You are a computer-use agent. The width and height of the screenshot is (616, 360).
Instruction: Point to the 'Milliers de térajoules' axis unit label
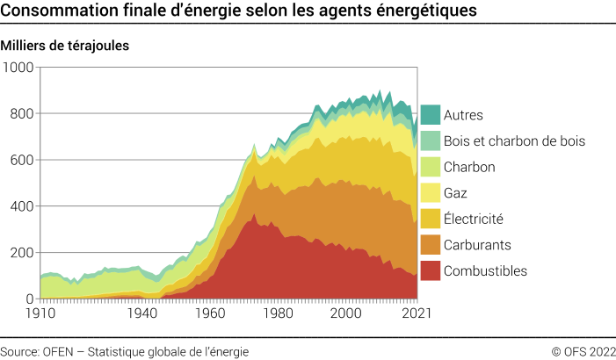pyautogui.click(x=66, y=46)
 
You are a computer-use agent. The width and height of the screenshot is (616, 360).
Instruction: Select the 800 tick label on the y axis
pyautogui.click(x=21, y=114)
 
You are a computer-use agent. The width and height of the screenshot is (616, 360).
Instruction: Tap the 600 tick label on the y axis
pyautogui.click(x=21, y=161)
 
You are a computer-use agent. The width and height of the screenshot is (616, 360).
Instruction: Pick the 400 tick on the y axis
pyautogui.click(x=21, y=206)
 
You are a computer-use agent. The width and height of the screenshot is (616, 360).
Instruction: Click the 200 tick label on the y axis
pyautogui.click(x=21, y=253)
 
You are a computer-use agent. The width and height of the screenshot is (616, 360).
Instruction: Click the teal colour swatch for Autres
pyautogui.click(x=430, y=115)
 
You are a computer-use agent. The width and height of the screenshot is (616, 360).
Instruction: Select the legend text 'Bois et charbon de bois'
pyautogui.click(x=514, y=140)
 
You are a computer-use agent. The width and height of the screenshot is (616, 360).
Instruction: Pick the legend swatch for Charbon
pyautogui.click(x=430, y=167)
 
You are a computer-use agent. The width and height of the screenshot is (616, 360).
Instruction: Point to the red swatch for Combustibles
pyautogui.click(x=430, y=271)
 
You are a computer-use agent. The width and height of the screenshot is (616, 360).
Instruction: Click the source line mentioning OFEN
pyautogui.click(x=124, y=351)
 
